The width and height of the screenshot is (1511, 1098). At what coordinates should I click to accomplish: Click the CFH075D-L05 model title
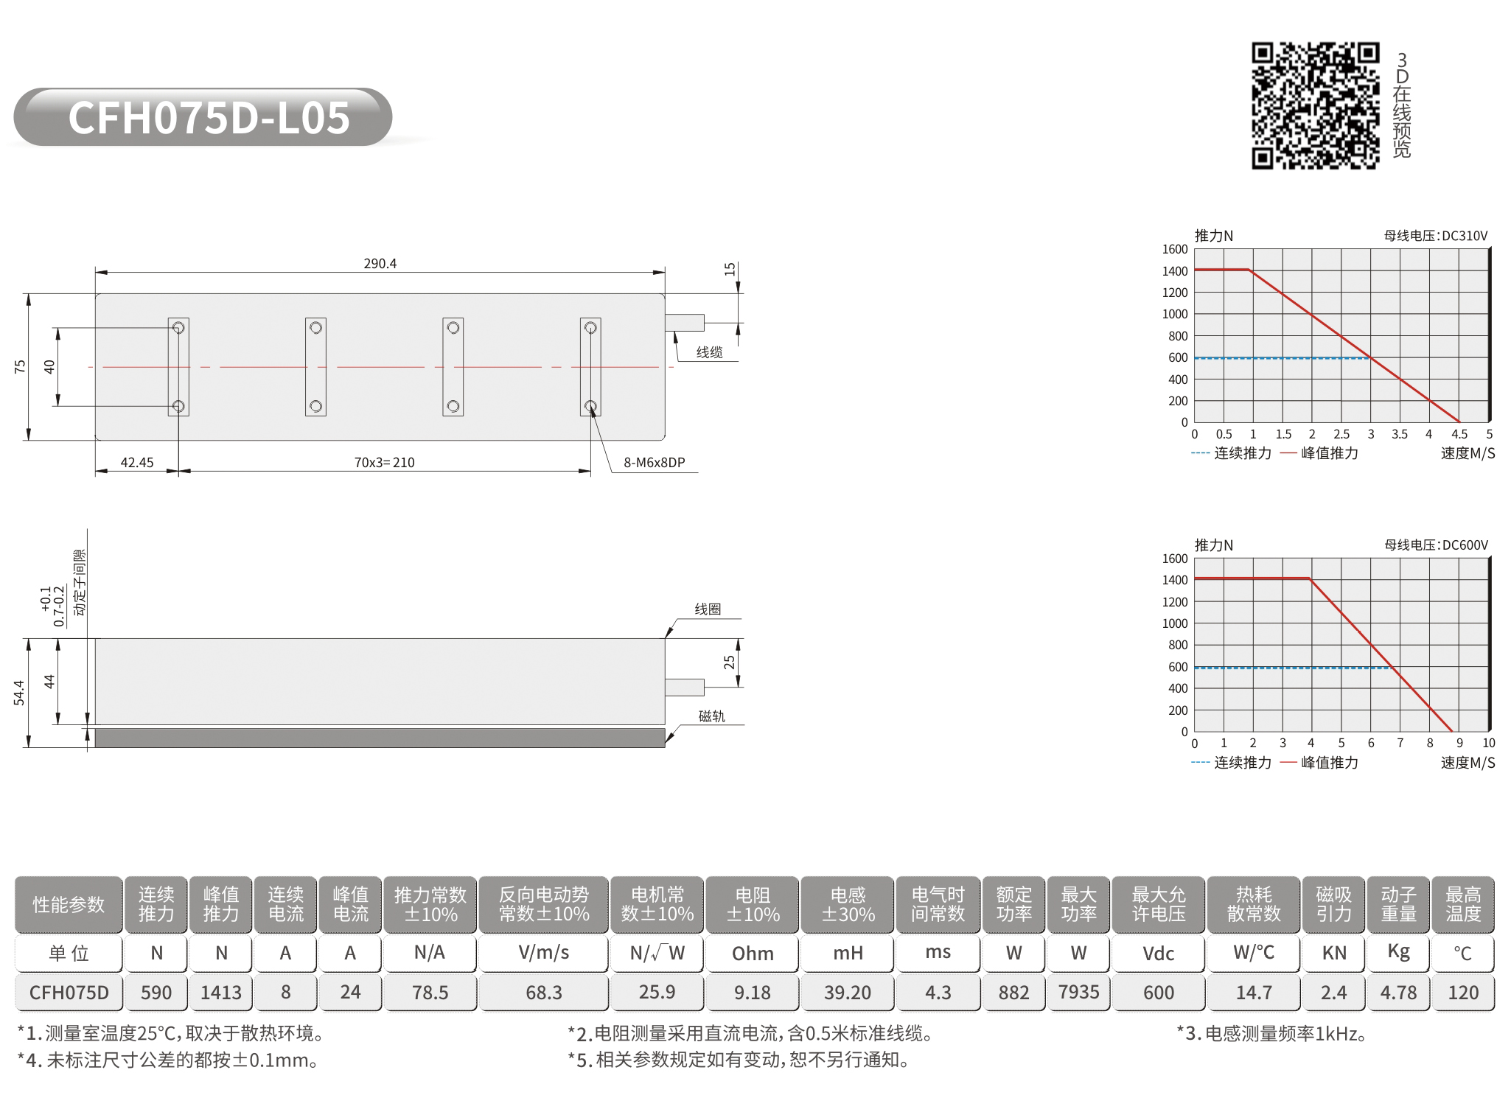click(209, 118)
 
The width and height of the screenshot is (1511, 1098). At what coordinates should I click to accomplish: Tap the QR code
click(1316, 105)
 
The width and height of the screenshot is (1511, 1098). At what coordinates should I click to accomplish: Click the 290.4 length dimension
click(380, 263)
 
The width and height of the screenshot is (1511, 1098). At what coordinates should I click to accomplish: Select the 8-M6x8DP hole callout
click(655, 462)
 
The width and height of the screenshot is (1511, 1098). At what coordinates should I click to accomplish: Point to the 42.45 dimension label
click(137, 462)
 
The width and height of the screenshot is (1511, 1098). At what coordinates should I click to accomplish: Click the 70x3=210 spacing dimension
click(384, 462)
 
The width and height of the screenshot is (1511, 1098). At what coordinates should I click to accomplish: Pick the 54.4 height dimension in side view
click(19, 693)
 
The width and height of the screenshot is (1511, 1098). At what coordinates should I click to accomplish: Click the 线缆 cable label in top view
click(710, 352)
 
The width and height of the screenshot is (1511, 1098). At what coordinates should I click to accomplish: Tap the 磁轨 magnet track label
click(712, 716)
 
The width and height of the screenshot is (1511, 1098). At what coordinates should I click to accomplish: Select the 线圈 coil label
click(708, 609)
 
